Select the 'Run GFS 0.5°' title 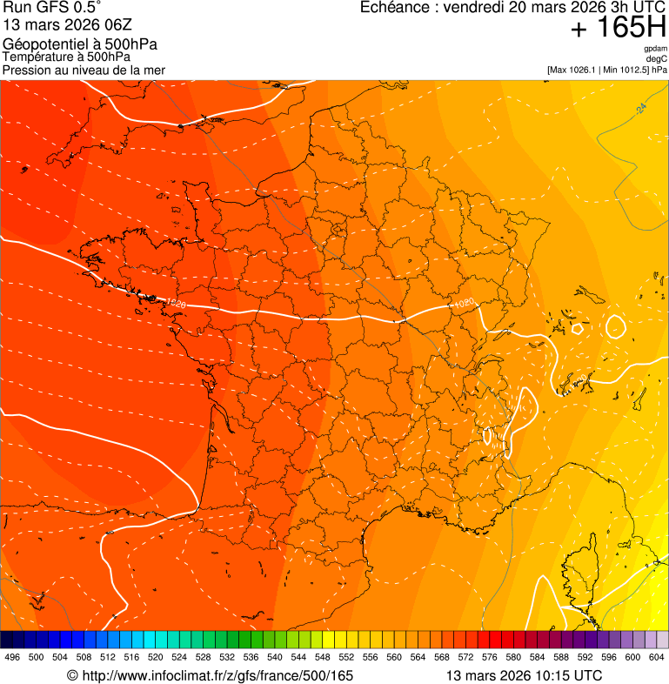[x=51, y=9]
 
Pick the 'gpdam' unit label [x=656, y=49]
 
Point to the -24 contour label [x=640, y=109]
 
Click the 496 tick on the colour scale [x=12, y=657]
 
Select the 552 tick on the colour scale [x=346, y=657]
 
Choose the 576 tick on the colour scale [x=490, y=657]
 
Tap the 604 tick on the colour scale [x=657, y=657]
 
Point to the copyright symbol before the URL [x=72, y=675]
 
